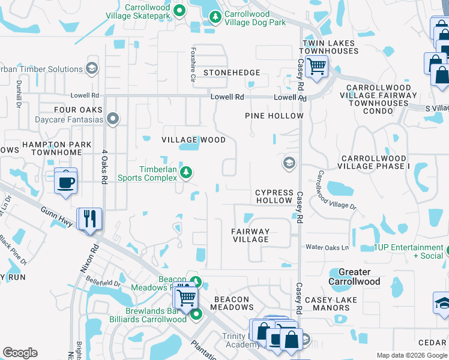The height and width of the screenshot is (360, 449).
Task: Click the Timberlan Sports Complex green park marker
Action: pyautogui.click(x=187, y=173)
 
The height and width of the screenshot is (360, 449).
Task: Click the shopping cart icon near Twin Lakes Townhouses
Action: pyautogui.click(x=316, y=66)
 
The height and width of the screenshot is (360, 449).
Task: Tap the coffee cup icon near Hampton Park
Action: pyautogui.click(x=65, y=181)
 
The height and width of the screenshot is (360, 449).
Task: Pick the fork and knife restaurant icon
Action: pyautogui.click(x=89, y=219)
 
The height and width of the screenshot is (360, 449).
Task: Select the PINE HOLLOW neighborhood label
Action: pyautogui.click(x=274, y=116)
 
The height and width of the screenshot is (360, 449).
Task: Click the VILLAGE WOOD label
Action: pyautogui.click(x=193, y=140)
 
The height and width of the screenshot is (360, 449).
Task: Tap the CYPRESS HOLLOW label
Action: pyautogui.click(x=274, y=196)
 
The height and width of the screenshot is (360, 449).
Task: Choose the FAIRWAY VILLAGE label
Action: pyautogui.click(x=251, y=235)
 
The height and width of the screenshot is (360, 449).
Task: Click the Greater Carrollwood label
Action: pyautogui.click(x=354, y=277)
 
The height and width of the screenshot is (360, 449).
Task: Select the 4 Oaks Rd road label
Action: pyautogui.click(x=104, y=166)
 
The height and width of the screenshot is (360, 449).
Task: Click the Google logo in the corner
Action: pyautogui.click(x=20, y=353)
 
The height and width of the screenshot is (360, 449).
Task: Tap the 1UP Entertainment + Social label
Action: pyautogui.click(x=408, y=251)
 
